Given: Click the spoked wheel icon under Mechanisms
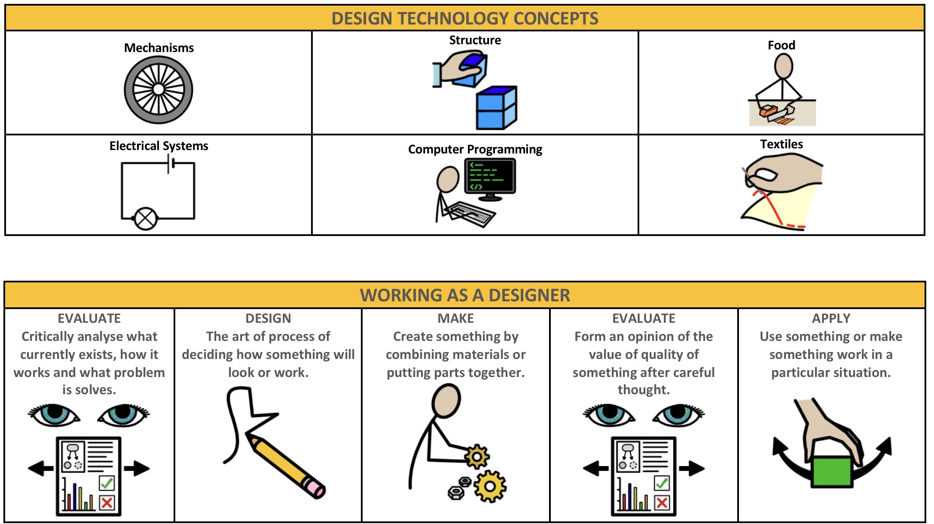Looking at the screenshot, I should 159,89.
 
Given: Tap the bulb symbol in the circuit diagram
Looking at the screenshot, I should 146,218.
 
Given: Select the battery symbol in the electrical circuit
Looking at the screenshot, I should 171,164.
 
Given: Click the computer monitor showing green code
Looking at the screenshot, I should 490,176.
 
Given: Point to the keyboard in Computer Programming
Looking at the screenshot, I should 470,213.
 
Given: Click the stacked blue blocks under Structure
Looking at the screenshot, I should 496,108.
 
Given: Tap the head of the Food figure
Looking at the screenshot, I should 783,67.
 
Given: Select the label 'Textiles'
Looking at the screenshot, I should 781,144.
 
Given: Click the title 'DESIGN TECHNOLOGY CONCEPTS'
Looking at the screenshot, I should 465,18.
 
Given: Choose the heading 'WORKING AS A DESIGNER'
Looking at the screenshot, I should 465,295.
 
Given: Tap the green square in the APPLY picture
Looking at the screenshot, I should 831,471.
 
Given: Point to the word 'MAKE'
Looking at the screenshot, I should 455,319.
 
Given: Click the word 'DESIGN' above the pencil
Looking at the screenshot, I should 268,319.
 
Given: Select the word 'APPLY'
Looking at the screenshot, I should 831,319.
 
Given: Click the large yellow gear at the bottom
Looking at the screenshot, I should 490,486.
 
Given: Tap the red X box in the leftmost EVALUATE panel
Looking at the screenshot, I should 107,502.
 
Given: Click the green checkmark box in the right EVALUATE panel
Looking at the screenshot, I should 662,483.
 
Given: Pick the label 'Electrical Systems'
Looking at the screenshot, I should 159,146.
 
